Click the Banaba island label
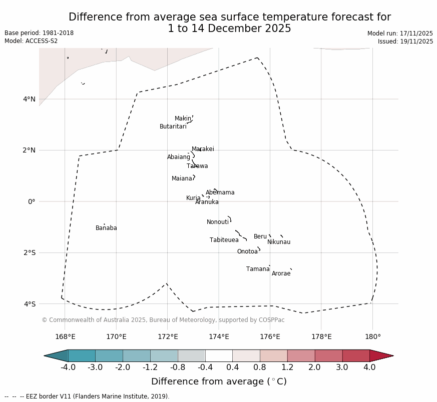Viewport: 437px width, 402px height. pyautogui.click(x=106, y=228)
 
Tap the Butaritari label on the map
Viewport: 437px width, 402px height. pyautogui.click(x=173, y=126)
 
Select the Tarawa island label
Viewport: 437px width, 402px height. pyautogui.click(x=197, y=166)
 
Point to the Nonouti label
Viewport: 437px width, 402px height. pyautogui.click(x=218, y=222)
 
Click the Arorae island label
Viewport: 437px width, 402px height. pyautogui.click(x=281, y=273)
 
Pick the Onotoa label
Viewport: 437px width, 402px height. pyautogui.click(x=247, y=251)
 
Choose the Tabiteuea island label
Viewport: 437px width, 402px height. pyautogui.click(x=224, y=240)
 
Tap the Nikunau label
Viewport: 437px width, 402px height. pyautogui.click(x=279, y=242)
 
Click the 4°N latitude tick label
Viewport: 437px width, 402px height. pyautogui.click(x=29, y=99)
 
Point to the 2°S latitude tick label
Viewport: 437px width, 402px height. pyautogui.click(x=29, y=252)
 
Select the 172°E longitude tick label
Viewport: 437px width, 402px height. pyautogui.click(x=168, y=336)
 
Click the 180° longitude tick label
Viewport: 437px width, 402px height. pyautogui.click(x=372, y=336)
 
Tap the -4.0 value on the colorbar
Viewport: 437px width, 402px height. pyautogui.click(x=68, y=367)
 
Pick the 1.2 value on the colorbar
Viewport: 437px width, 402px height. pyautogui.click(x=287, y=367)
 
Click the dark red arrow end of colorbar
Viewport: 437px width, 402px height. pyautogui.click(x=382, y=355)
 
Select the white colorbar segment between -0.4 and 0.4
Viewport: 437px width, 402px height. pyautogui.click(x=219, y=355)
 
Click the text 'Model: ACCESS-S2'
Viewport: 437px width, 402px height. pyautogui.click(x=31, y=41)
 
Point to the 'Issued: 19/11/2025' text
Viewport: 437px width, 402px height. pyautogui.click(x=405, y=41)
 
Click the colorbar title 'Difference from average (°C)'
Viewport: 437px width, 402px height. pyautogui.click(x=219, y=381)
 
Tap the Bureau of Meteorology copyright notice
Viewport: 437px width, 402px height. pyautogui.click(x=163, y=320)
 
